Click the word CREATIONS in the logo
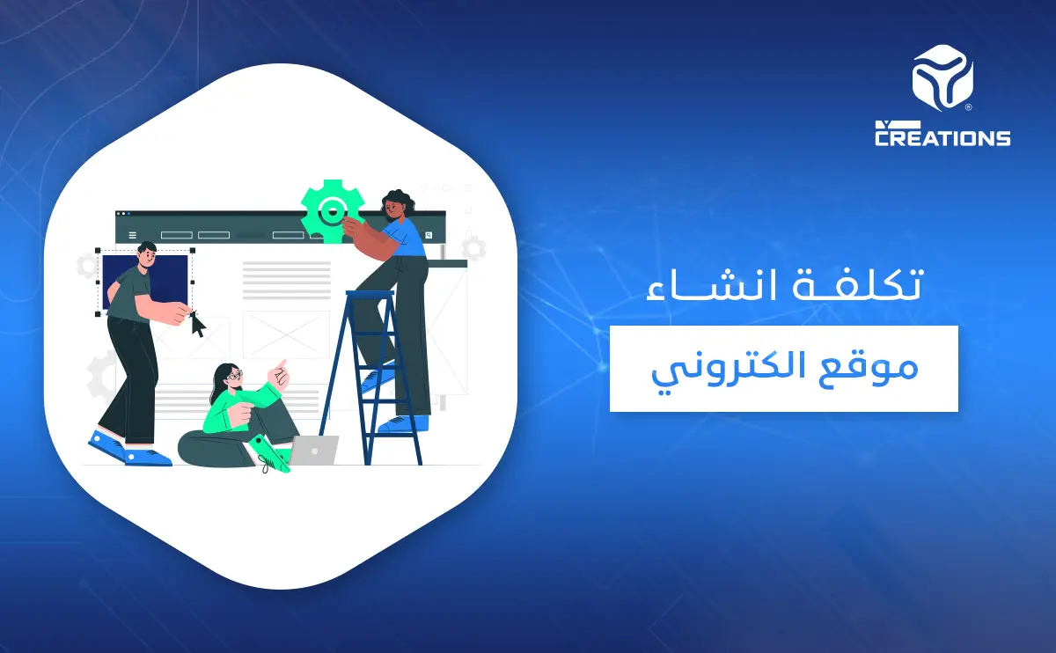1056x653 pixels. [942, 137]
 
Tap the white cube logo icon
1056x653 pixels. [941, 79]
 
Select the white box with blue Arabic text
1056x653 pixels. [783, 368]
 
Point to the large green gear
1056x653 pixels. [330, 211]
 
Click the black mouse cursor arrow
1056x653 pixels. [198, 325]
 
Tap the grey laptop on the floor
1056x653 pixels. [314, 451]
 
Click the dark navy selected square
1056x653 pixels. [146, 282]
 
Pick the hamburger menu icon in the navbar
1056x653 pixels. [133, 235]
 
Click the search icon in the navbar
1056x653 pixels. [429, 235]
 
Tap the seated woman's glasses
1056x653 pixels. [234, 376]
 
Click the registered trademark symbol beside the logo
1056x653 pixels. [969, 107]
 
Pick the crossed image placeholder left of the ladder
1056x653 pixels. [286, 335]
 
